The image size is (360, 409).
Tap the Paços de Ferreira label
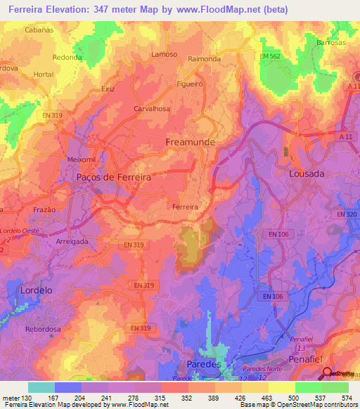(113, 178)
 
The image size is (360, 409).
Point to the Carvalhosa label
(152, 109)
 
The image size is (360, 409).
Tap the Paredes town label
(204, 365)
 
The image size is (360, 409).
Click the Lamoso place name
(164, 54)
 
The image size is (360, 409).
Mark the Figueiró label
(191, 82)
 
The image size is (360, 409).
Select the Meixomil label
(81, 160)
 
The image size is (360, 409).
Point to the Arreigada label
(72, 241)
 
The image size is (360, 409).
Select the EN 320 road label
(347, 214)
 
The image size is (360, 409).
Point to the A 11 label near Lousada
(345, 137)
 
